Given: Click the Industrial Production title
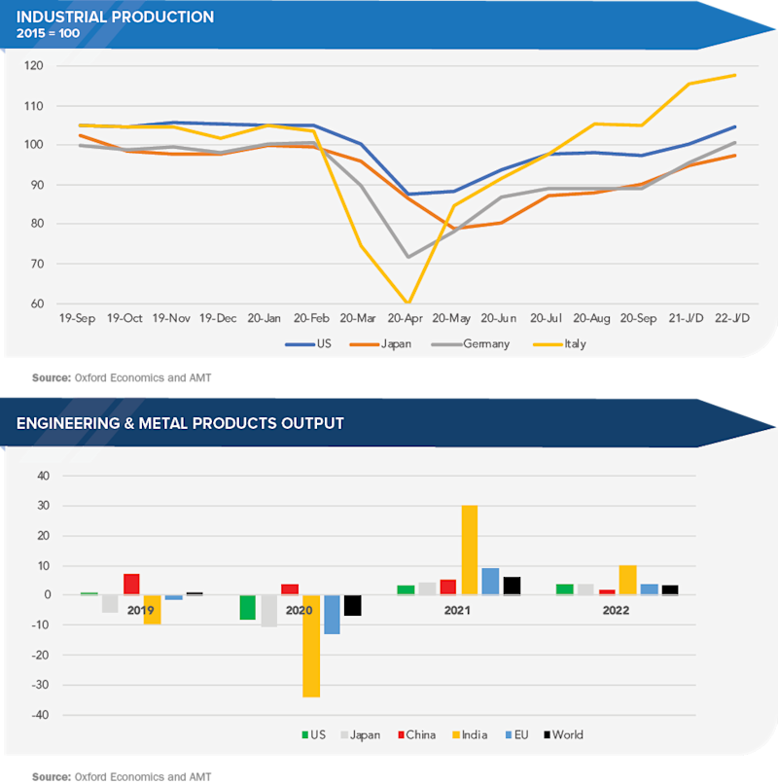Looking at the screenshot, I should [x=116, y=17].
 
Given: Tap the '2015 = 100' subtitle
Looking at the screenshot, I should [x=49, y=34].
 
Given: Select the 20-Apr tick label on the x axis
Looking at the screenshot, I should [x=406, y=318].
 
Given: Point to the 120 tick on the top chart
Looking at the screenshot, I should [x=37, y=66].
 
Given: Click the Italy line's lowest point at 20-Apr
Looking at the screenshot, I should [x=407, y=303].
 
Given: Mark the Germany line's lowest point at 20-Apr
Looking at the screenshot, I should [x=407, y=257].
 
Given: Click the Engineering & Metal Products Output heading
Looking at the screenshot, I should [x=180, y=423].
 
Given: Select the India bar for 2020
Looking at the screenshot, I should [x=311, y=646].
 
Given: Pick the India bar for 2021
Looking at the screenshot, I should [x=469, y=551].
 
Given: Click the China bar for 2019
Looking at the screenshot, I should [x=131, y=585].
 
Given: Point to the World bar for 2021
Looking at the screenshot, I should [x=512, y=586].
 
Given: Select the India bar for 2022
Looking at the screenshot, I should [x=627, y=581].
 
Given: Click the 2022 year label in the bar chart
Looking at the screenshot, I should [x=616, y=611].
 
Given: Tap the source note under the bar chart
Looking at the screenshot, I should [x=122, y=776].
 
